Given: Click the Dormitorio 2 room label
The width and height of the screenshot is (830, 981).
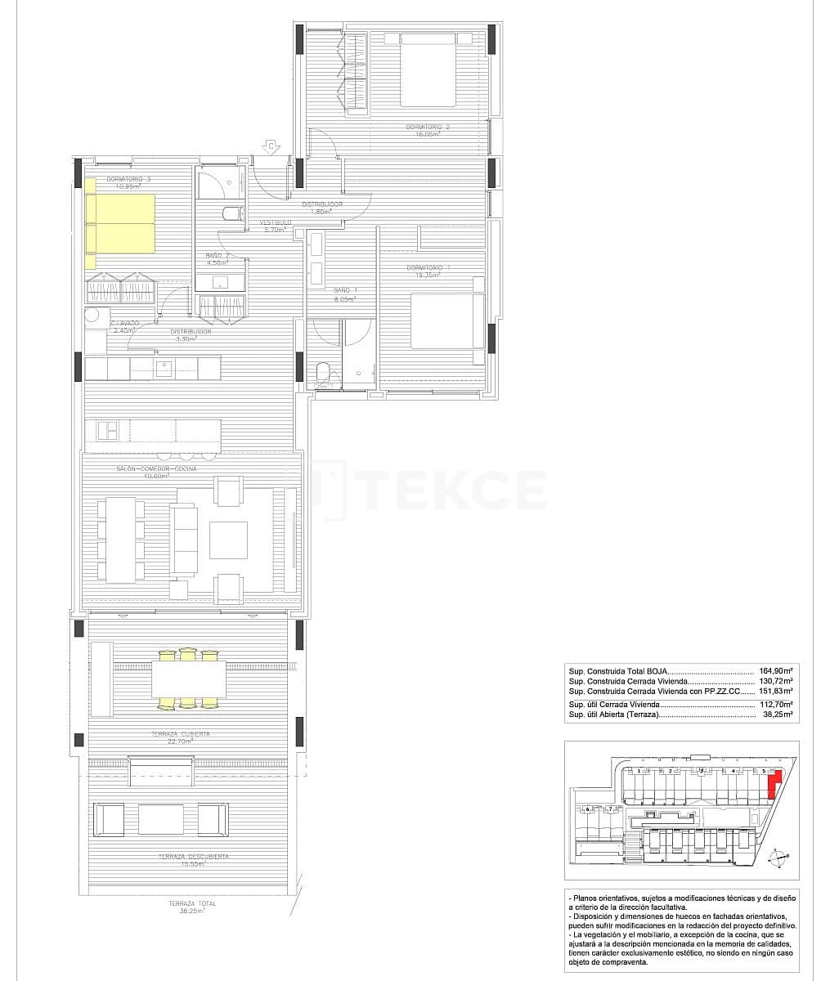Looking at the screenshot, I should pyautogui.click(x=428, y=128).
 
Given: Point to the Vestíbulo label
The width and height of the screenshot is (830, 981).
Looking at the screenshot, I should pyautogui.click(x=276, y=223).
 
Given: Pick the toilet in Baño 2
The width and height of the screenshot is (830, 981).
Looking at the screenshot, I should pyautogui.click(x=231, y=214).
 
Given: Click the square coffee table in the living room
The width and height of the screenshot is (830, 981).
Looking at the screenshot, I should pyautogui.click(x=227, y=540).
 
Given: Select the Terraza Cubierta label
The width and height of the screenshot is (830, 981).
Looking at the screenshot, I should pyautogui.click(x=180, y=734).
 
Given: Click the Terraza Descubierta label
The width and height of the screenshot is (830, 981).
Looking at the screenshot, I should pyautogui.click(x=194, y=857).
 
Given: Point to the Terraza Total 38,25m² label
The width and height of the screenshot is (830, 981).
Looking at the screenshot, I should pyautogui.click(x=192, y=906).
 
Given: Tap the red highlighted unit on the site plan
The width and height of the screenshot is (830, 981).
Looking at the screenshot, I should pyautogui.click(x=774, y=786).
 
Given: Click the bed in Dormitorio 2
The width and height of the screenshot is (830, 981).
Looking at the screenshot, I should pyautogui.click(x=427, y=68).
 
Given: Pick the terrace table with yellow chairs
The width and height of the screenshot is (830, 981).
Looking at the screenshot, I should pyautogui.click(x=189, y=679).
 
